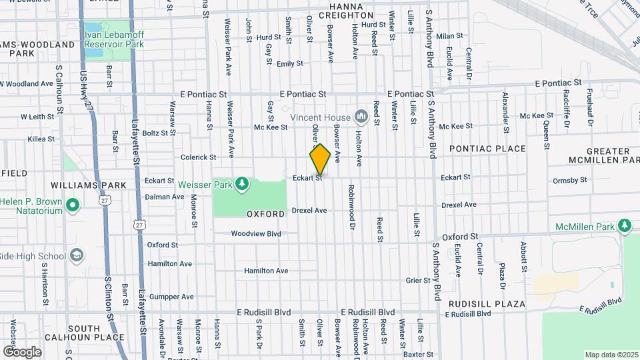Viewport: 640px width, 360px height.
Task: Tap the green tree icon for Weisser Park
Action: [x=241, y=183]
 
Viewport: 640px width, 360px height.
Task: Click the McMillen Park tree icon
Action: [x=625, y=227]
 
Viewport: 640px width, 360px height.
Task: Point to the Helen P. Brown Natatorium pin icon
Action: [x=73, y=206]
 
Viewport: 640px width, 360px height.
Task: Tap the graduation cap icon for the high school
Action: [x=77, y=256]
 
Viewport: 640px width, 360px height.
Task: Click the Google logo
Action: [x=22, y=351]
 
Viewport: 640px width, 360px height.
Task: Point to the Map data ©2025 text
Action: [x=611, y=355]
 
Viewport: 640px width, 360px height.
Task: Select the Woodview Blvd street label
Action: [x=256, y=234]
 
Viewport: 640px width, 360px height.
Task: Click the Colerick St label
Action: [x=198, y=158]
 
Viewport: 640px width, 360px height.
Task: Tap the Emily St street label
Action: [x=290, y=64]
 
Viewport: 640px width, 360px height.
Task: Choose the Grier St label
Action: [x=418, y=281]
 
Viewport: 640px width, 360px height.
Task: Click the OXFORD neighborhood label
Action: [x=266, y=214]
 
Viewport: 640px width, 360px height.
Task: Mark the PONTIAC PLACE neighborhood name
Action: [x=487, y=149]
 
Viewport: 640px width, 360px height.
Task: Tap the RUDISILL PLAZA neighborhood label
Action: [x=487, y=304]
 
